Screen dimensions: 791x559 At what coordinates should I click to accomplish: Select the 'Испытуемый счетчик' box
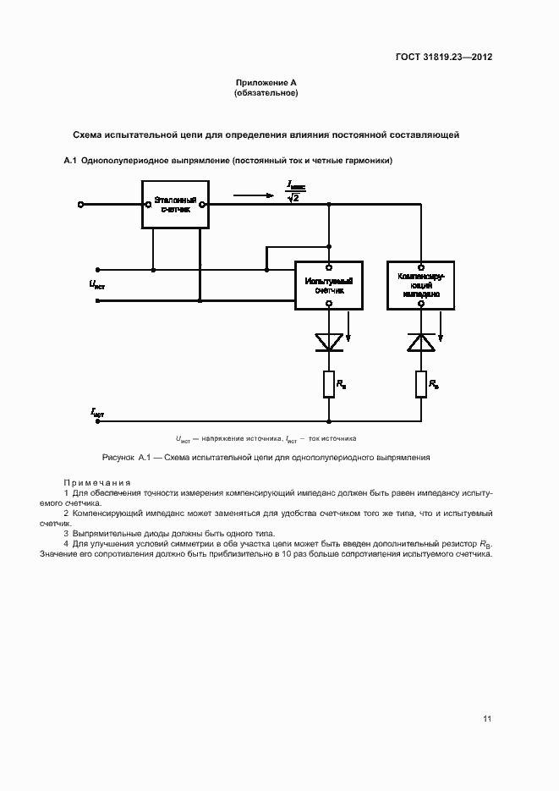(329, 284)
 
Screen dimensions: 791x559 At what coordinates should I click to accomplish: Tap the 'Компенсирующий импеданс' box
(420, 284)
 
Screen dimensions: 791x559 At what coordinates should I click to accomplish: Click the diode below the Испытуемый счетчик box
(329, 341)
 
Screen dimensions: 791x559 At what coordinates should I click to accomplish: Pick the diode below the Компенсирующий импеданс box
(420, 341)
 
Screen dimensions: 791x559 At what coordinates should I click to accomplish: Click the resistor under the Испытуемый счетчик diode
(329, 385)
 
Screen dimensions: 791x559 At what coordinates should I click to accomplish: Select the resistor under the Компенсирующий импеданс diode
(420, 385)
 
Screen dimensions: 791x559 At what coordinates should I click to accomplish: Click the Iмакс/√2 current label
(294, 191)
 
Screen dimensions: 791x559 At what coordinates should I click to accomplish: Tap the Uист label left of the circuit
(97, 284)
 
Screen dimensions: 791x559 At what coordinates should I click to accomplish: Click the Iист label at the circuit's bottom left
(97, 412)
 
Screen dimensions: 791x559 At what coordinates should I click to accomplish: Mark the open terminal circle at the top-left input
(80, 204)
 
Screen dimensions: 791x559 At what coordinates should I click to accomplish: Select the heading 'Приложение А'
(266, 83)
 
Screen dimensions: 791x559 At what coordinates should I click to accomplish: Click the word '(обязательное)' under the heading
(266, 93)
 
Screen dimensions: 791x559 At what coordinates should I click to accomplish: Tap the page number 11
(487, 719)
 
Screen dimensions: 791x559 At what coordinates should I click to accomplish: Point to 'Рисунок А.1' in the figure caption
(125, 457)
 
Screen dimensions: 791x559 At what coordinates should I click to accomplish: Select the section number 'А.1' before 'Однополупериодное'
(70, 161)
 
